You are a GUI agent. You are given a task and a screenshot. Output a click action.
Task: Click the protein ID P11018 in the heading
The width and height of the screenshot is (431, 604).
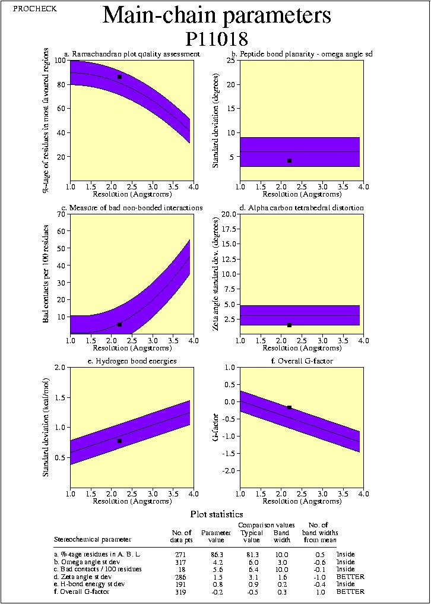[x=216, y=39]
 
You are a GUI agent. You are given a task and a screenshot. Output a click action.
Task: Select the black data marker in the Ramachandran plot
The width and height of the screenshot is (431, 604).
[x=119, y=77]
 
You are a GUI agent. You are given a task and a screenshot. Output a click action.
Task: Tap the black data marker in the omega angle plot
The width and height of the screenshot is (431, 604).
[x=289, y=160]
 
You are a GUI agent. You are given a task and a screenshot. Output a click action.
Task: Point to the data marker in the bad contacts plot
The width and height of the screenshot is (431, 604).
[x=119, y=324]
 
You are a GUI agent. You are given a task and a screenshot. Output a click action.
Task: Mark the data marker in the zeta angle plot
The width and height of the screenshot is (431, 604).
[x=289, y=325]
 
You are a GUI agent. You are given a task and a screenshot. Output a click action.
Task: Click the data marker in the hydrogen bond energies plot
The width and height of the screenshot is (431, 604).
[x=119, y=441]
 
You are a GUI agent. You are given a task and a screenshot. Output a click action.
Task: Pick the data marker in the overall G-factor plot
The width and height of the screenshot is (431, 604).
[x=289, y=407]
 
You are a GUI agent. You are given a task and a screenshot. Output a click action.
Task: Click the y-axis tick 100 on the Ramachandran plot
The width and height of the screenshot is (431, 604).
[x=60, y=61]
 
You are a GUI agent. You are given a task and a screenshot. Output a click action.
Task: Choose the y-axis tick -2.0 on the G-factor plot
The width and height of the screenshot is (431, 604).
[x=227, y=470]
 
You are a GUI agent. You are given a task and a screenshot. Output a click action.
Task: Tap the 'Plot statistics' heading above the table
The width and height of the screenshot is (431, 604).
[x=216, y=514]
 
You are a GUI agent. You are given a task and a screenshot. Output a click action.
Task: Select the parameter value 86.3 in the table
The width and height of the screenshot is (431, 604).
[x=212, y=554]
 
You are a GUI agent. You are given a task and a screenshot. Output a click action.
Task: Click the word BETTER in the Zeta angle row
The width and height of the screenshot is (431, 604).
[x=350, y=577]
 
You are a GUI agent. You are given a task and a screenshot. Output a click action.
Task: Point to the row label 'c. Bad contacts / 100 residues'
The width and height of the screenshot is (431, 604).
[x=98, y=569]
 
